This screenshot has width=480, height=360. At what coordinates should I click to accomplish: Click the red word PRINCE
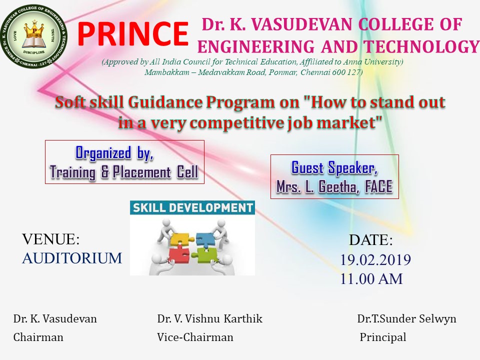(x=133, y=33)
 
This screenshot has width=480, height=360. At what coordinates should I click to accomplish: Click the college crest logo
(x=33, y=36)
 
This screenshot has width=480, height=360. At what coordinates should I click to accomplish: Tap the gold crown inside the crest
(x=33, y=30)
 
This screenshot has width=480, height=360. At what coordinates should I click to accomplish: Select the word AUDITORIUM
(x=72, y=258)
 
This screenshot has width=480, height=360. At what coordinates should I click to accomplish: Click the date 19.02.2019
(x=375, y=260)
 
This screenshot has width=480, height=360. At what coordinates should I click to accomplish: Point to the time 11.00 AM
(x=371, y=279)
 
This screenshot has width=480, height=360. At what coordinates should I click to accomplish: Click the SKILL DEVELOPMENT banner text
(x=192, y=208)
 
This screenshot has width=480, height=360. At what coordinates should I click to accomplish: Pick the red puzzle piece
(x=179, y=255)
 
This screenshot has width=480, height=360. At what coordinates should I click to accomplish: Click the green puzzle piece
(x=207, y=255)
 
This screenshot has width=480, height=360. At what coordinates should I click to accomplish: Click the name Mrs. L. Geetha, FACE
(x=334, y=186)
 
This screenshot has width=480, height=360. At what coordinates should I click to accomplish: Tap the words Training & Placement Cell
(x=124, y=172)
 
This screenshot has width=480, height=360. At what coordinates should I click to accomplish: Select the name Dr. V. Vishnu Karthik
(x=209, y=318)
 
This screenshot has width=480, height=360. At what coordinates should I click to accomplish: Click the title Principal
(x=383, y=337)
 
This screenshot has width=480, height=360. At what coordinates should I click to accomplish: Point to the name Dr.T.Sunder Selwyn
(x=406, y=318)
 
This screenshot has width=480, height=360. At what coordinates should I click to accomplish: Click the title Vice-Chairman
(x=195, y=337)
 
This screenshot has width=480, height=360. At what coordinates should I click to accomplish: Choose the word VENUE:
(x=51, y=239)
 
